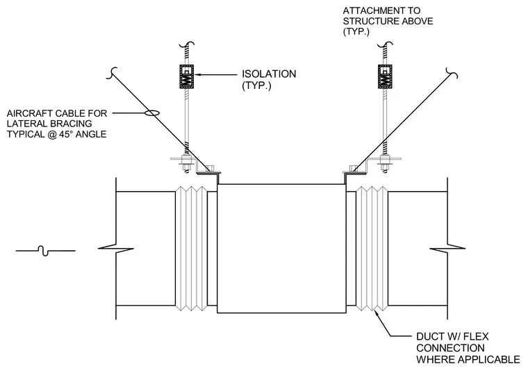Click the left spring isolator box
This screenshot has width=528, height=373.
pyautogui.click(x=187, y=76)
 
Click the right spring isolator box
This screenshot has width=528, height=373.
pyautogui.click(x=385, y=76)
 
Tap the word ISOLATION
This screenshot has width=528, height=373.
pyautogui.click(x=269, y=74)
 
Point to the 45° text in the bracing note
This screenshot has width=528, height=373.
pyautogui.click(x=66, y=134)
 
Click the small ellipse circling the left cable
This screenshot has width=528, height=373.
pyautogui.click(x=152, y=113)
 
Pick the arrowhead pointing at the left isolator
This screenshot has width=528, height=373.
pyautogui.click(x=197, y=74)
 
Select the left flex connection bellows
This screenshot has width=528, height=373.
pyautogui.click(x=191, y=248)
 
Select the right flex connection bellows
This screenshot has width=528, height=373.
pyautogui.click(x=372, y=248)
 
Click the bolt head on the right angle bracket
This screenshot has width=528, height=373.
pyautogui.click(x=353, y=167)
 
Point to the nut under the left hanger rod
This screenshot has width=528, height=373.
pyautogui.click(x=185, y=166)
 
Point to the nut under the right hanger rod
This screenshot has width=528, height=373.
pyautogui.click(x=385, y=166)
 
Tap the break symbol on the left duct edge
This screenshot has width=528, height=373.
pyautogui.click(x=116, y=249)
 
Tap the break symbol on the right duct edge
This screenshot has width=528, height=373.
pyautogui.click(x=447, y=249)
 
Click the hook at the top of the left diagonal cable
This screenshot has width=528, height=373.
pyautogui.click(x=112, y=73)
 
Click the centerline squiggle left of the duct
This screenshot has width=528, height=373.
pyautogui.click(x=45, y=251)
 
